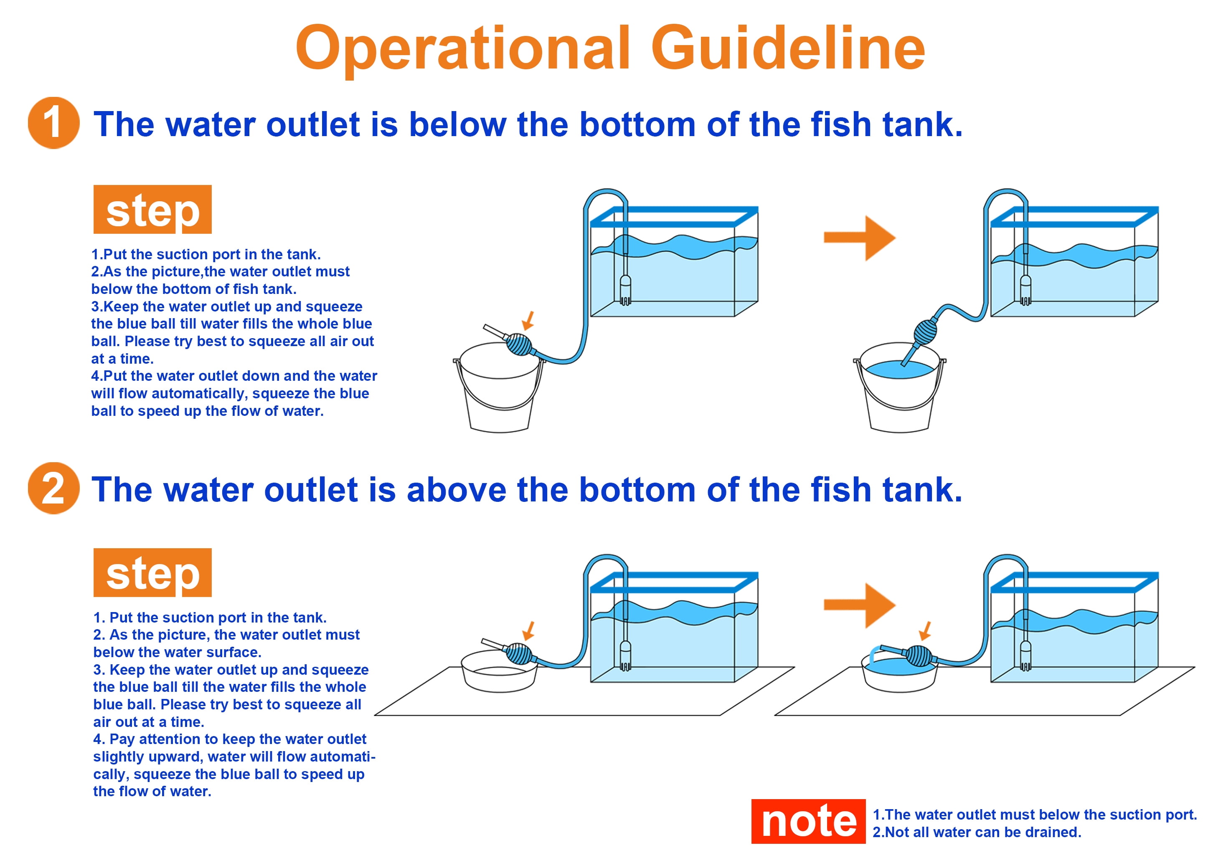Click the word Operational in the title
[x=463, y=49]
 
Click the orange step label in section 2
[x=152, y=572]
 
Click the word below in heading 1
[x=457, y=125]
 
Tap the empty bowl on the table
[x=499, y=674]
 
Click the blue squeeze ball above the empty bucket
[x=518, y=344]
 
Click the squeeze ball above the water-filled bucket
[x=925, y=332]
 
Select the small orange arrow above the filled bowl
[x=925, y=631]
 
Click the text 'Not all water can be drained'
[x=981, y=832]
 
